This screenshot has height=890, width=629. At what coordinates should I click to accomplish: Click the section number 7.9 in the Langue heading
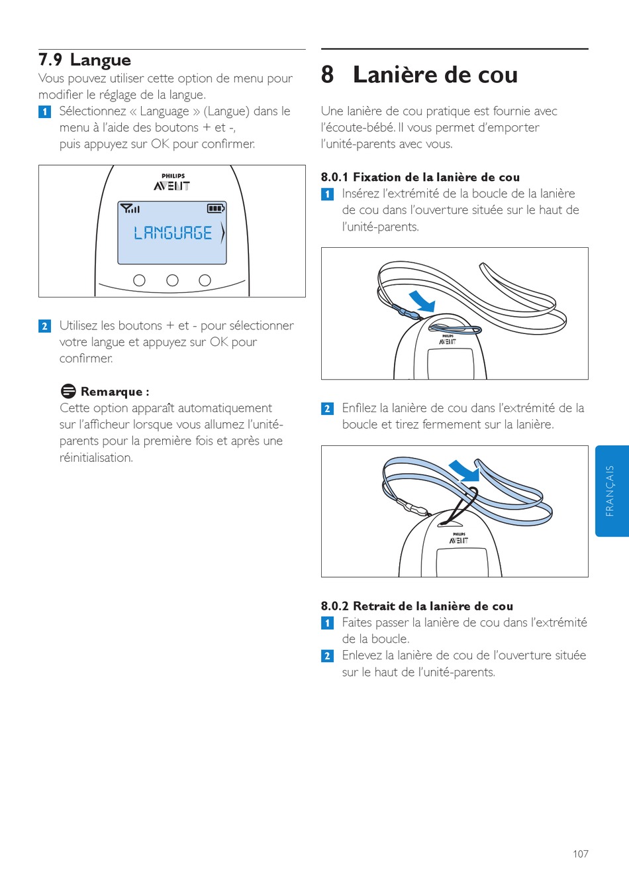50,60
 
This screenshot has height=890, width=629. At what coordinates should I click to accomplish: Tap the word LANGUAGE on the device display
173,233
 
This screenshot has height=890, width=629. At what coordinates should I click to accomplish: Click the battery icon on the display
216,208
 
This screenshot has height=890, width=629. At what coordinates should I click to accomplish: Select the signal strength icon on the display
130,208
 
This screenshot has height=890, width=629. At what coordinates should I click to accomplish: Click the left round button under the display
139,280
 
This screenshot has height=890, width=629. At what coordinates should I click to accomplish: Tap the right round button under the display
205,280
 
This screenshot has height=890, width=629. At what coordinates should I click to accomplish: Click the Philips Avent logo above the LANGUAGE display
172,182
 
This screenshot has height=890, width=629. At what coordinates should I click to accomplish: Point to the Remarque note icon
68,391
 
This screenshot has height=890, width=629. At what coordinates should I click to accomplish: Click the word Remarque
111,392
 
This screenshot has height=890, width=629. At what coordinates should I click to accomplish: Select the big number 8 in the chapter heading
327,74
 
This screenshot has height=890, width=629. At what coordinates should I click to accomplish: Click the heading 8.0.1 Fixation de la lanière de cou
420,177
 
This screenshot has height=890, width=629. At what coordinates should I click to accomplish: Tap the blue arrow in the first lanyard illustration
423,302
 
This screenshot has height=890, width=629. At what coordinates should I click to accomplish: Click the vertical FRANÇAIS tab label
610,490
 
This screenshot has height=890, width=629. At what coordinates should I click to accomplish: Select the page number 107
581,854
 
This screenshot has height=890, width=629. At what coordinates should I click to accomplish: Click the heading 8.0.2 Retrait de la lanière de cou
417,606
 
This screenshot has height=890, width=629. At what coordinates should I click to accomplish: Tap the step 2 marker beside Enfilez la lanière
327,409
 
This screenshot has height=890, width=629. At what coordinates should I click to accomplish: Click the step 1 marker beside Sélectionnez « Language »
44,111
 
